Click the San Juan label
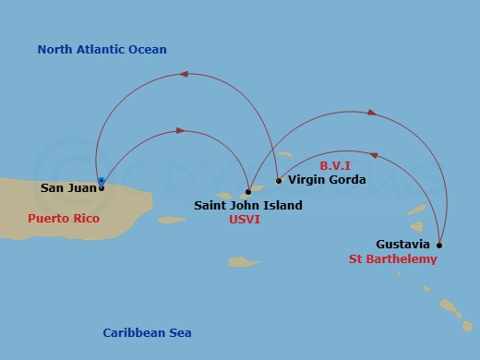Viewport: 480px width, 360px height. pyautogui.click(x=66, y=188)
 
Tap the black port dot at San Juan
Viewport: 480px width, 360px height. pyautogui.click(x=101, y=187)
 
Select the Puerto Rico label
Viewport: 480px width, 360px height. pyautogui.click(x=63, y=220)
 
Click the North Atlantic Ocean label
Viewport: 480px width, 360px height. pyautogui.click(x=102, y=50)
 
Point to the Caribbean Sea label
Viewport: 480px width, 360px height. pyautogui.click(x=147, y=332)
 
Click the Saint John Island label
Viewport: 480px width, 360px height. pyautogui.click(x=248, y=206)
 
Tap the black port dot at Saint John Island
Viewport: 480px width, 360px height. pyautogui.click(x=248, y=192)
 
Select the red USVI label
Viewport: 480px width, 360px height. pyautogui.click(x=246, y=222)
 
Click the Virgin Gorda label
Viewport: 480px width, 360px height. pyautogui.click(x=327, y=180)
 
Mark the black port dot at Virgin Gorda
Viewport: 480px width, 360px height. pyautogui.click(x=279, y=181)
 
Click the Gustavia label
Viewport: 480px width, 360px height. pyautogui.click(x=402, y=245)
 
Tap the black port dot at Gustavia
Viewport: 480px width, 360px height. pyautogui.click(x=438, y=246)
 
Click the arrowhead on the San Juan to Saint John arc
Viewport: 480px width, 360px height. pyautogui.click(x=180, y=131)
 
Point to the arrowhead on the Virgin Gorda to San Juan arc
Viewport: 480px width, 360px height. pyautogui.click(x=184, y=73)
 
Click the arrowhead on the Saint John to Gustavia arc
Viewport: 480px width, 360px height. pyautogui.click(x=371, y=113)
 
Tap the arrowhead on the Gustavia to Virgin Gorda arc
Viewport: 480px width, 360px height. pyautogui.click(x=373, y=155)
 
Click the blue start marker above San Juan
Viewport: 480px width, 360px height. pyautogui.click(x=102, y=181)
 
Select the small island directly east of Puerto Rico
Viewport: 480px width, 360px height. pyautogui.click(x=173, y=220)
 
